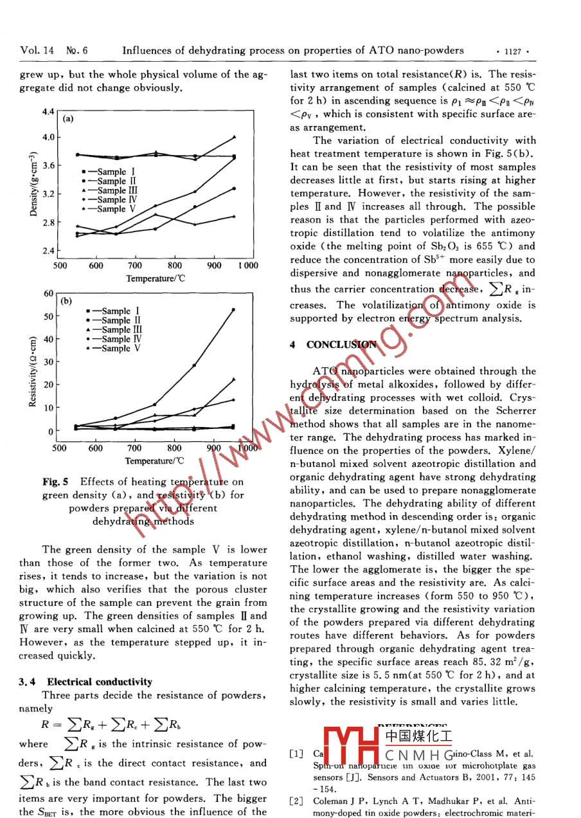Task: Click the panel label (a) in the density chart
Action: point(68,118)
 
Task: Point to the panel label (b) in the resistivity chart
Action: point(66,300)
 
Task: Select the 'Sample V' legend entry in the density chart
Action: point(111,209)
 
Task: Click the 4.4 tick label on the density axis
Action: point(49,112)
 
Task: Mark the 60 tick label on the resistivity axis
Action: point(48,294)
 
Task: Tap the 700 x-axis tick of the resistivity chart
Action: point(134,448)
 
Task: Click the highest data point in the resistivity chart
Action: point(233,309)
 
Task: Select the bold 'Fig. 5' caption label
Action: point(56,482)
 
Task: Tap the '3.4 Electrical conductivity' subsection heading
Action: point(86,682)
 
